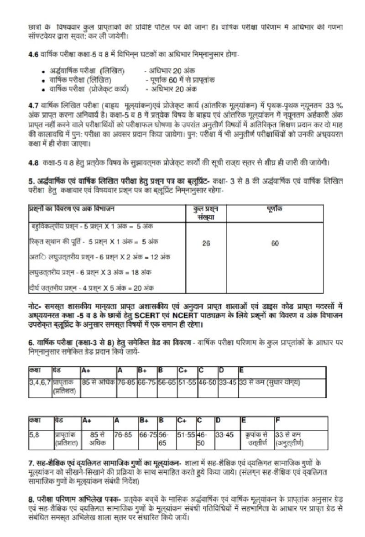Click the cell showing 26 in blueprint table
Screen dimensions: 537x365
pyautogui.click(x=206, y=244)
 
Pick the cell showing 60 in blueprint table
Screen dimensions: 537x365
pyautogui.click(x=275, y=244)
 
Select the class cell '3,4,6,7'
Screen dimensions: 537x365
pyautogui.click(x=39, y=382)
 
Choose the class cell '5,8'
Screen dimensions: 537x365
pyautogui.click(x=34, y=435)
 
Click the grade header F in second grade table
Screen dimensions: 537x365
pyautogui.click(x=278, y=420)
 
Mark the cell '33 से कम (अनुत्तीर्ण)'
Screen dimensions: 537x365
pyautogui.click(x=290, y=439)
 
